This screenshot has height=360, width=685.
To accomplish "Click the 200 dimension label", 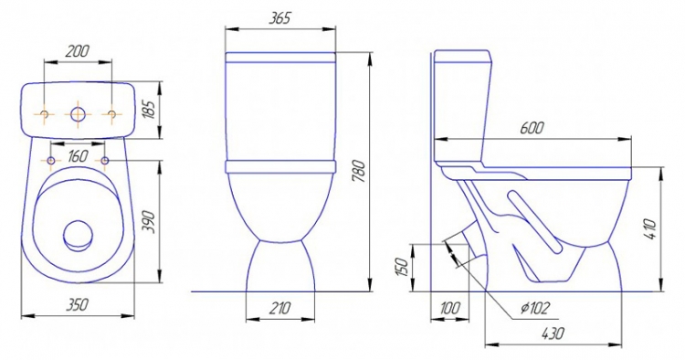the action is point(77,50).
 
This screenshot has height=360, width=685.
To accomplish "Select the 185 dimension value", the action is point(149,110).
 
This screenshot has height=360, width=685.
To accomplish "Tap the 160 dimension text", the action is point(78,156).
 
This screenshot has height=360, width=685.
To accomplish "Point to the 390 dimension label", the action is point(149,221).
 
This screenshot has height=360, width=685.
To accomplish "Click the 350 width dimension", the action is point(78,304).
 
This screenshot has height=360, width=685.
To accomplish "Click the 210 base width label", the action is point(279,308).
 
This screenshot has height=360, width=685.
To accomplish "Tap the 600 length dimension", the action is point(532,128).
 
